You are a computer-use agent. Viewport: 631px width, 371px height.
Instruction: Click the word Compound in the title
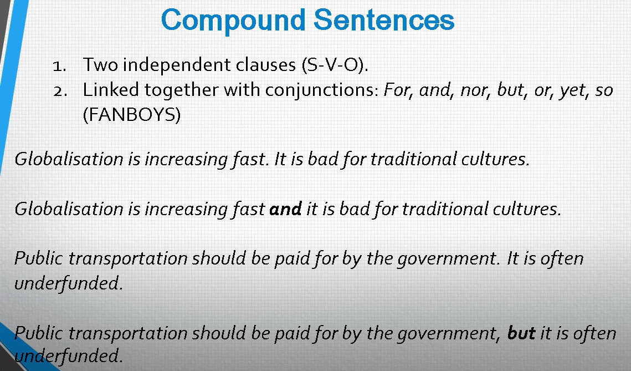[x=233, y=20]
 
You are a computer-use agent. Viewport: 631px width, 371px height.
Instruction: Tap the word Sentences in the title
[x=384, y=20]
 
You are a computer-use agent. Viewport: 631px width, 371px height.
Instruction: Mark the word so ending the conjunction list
[x=604, y=90]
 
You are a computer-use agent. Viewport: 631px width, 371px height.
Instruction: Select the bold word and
[x=285, y=209]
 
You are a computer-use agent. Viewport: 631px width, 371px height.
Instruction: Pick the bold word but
[x=521, y=333]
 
